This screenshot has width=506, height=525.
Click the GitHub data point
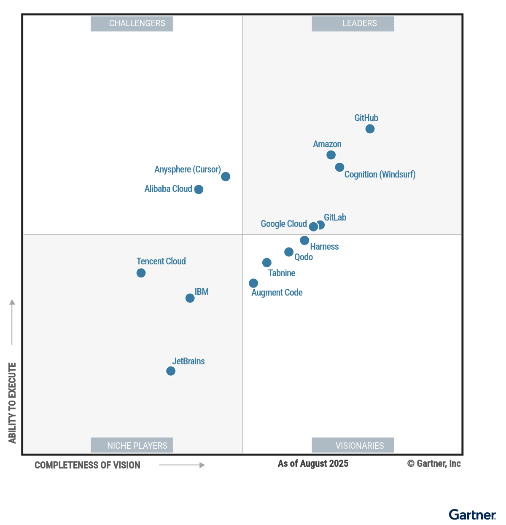[370, 129]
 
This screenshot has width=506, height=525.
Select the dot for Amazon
[331, 155]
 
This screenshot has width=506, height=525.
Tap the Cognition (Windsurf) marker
[339, 167]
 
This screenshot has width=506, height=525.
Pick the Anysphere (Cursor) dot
[226, 176]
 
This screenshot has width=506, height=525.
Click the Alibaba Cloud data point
[199, 189]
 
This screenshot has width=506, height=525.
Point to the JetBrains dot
[171, 371]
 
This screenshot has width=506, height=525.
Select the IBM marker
[190, 298]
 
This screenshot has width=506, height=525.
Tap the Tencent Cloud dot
[141, 273]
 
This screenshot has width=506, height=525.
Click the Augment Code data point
[253, 283]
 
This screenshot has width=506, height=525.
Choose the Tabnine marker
[267, 263]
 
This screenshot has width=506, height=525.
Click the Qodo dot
[289, 252]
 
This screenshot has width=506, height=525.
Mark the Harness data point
[304, 240]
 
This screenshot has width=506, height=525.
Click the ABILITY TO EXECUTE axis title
[12, 403]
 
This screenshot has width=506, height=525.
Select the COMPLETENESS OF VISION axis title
[87, 465]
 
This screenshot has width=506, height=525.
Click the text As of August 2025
[313, 463]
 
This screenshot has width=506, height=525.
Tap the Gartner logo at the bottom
[472, 514]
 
